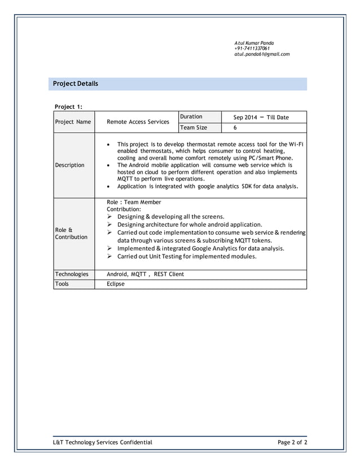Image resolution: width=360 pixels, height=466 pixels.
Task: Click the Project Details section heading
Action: (x=76, y=84)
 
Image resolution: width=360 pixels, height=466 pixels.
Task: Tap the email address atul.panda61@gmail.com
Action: (x=262, y=54)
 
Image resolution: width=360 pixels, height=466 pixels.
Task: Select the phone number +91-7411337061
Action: (x=252, y=49)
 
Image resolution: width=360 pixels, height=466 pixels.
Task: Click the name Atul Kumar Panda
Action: (x=254, y=43)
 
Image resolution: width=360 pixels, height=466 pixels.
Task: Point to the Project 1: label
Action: (x=68, y=106)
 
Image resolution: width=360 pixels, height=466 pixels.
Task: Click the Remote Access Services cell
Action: (x=138, y=122)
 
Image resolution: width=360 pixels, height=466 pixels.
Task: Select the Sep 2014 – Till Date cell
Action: (x=261, y=117)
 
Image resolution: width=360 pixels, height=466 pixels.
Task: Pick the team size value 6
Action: (x=235, y=128)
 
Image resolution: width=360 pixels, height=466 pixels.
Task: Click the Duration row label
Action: (x=191, y=117)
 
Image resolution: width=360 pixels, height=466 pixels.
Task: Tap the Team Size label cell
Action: (x=194, y=128)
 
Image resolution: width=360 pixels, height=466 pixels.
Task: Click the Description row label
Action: (x=69, y=165)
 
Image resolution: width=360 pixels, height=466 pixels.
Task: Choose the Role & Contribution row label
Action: (x=71, y=234)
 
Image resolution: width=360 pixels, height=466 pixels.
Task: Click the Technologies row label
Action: (x=72, y=274)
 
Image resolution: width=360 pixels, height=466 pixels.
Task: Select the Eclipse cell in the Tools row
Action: (x=116, y=284)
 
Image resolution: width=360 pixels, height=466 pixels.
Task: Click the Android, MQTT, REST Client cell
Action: (x=145, y=274)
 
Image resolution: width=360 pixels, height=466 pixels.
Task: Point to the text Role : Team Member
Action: (x=134, y=202)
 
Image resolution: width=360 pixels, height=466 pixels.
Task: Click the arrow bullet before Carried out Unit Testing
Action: (x=110, y=256)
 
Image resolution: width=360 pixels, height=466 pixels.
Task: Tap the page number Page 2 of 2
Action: (x=292, y=442)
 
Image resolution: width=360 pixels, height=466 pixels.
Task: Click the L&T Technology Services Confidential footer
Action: (x=102, y=442)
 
